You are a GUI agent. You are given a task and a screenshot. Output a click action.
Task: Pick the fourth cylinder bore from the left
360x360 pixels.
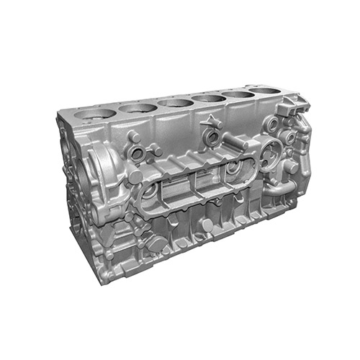pos(209,97)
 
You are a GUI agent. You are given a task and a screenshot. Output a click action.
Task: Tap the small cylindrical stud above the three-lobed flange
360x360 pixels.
pos(134,135)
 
